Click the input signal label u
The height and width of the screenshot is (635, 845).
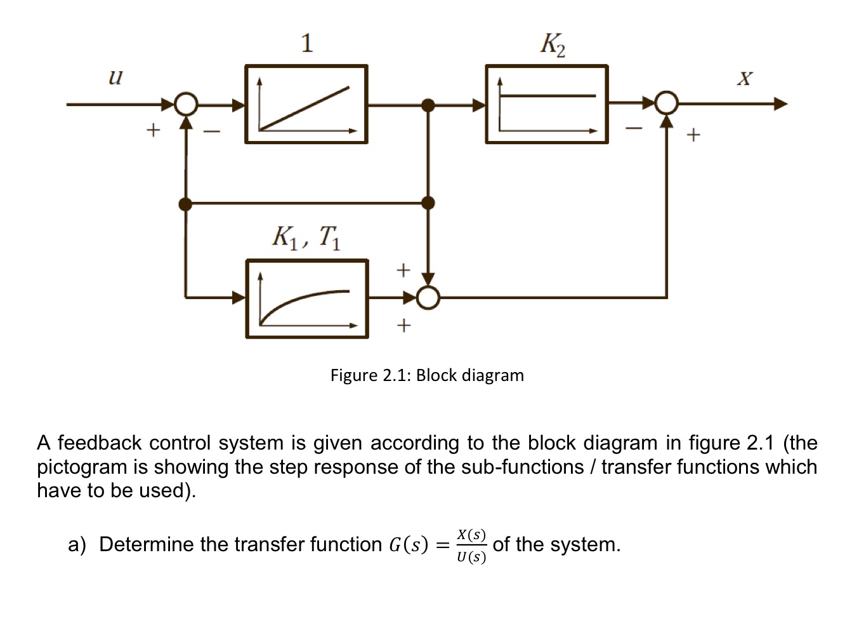pos(115,77)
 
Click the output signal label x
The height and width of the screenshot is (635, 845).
pos(745,79)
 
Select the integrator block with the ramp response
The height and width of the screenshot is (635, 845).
pos(306,104)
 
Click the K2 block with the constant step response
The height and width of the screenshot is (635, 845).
pos(547,104)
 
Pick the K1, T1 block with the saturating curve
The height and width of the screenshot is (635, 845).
pos(307,298)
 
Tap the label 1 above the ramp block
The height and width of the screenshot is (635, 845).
pos(307,43)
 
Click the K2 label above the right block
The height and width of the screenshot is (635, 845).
pos(553,44)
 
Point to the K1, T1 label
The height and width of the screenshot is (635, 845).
pos(306,237)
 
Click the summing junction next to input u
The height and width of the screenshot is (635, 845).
pos(186,104)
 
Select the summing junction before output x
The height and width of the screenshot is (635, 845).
pos(666,104)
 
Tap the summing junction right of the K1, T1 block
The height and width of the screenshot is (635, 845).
pos(429,297)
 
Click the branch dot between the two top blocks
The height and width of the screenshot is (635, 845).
pos(429,105)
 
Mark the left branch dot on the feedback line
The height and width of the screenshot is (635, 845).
pos(185,204)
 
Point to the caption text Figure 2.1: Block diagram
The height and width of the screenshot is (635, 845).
pos(427,375)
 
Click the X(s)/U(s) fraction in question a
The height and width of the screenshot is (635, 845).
pos(471,545)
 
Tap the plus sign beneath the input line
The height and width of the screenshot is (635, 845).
pos(152,131)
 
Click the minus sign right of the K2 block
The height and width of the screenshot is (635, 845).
pos(633,129)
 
